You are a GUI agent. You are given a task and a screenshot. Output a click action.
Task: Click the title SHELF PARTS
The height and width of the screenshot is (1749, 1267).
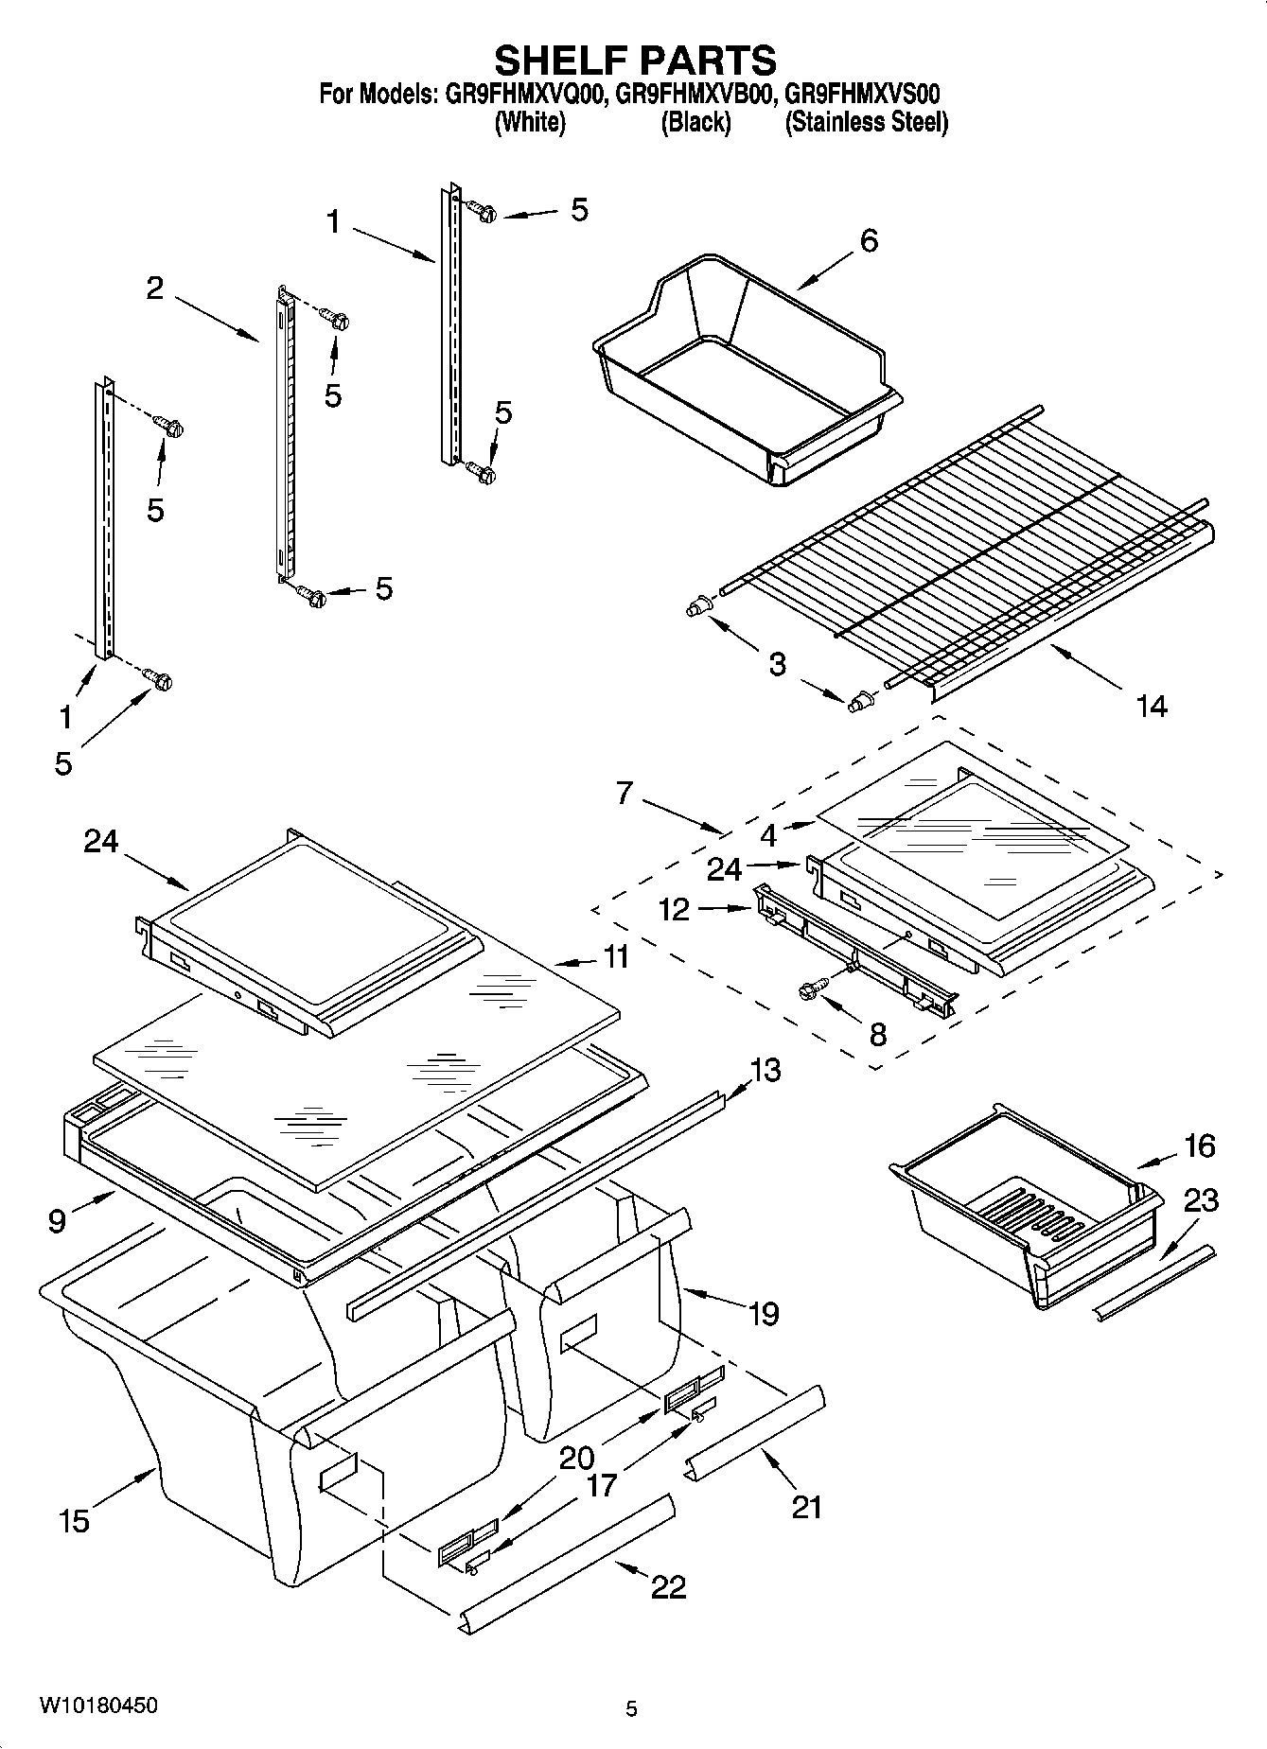[635, 60]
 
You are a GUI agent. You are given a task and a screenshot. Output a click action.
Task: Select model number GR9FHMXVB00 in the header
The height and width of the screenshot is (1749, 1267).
[695, 95]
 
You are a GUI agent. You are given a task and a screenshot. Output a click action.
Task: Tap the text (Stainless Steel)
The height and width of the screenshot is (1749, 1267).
[866, 123]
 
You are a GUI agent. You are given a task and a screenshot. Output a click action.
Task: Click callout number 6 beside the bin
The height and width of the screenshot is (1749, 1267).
[869, 240]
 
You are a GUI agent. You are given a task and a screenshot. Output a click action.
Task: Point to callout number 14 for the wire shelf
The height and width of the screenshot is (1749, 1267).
[1152, 706]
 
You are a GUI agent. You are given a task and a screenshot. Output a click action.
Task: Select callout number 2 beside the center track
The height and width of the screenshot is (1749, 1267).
[154, 288]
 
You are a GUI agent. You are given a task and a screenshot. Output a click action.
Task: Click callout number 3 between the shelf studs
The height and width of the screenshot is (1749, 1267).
[777, 664]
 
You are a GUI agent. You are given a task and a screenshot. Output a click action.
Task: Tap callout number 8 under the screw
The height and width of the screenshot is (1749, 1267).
[877, 1034]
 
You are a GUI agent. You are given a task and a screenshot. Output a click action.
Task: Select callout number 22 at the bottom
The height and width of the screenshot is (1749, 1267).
[668, 1585]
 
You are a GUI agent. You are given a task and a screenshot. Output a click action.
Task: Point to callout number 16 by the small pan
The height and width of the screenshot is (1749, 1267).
[1199, 1146]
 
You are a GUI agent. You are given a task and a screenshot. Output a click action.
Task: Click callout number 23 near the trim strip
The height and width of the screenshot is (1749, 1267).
[1201, 1200]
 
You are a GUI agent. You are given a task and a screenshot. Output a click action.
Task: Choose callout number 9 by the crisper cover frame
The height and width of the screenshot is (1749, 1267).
[57, 1221]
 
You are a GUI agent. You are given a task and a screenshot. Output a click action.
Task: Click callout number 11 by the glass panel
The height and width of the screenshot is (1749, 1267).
[616, 956]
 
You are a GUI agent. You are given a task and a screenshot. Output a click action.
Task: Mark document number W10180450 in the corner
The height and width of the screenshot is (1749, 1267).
[98, 1705]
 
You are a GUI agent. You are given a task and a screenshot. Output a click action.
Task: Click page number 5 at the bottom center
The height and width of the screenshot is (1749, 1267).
[631, 1708]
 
